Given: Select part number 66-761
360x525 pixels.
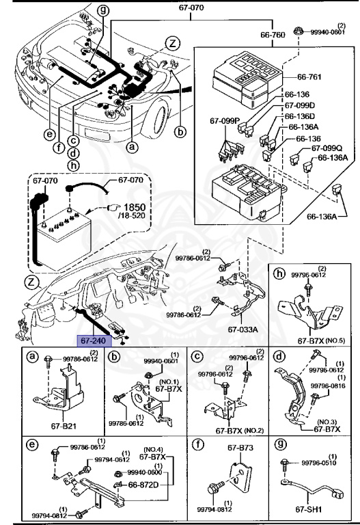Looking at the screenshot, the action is point(309,77).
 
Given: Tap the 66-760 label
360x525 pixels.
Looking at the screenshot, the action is point(273,35).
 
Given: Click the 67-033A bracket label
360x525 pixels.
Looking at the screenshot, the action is point(243,329).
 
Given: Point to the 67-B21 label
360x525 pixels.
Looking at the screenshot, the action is point(64,427).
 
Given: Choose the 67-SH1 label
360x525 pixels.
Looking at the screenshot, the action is point(309,509).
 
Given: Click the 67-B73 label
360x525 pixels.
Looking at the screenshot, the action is point(240,448).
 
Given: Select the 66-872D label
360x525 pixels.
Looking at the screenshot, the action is point(143,485).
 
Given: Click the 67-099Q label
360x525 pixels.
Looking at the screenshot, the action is point(327,148).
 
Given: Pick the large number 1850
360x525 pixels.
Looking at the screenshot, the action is point(135,206).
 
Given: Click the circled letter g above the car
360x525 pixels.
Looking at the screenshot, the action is point(102,10).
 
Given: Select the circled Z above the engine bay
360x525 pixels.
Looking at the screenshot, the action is point(173,44).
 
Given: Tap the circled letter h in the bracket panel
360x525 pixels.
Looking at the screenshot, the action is point(279,273).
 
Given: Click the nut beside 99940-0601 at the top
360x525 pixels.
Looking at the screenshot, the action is point(297,31).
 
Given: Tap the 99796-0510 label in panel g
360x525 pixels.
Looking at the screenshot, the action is point(319,463).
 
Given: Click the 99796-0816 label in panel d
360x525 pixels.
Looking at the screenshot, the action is point(328,386).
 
